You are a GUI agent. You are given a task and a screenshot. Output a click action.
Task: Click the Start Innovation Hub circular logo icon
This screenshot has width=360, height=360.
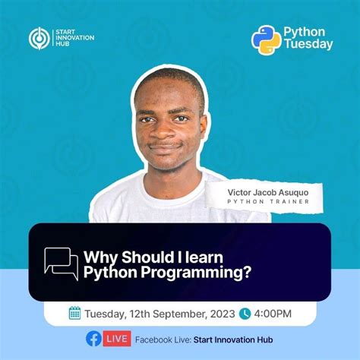(x=39, y=38)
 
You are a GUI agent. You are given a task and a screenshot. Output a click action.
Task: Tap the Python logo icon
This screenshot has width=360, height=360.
(x=266, y=39)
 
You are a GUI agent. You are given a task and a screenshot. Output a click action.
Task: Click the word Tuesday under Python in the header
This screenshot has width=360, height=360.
(x=308, y=44)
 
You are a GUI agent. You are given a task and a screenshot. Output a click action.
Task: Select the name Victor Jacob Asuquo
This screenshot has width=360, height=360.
(x=268, y=192)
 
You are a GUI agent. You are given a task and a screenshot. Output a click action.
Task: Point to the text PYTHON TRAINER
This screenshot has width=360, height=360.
(x=268, y=202)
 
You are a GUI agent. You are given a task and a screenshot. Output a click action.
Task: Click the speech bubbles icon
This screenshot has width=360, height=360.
(x=62, y=264)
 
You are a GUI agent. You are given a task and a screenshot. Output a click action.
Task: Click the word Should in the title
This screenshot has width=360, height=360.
(x=146, y=257)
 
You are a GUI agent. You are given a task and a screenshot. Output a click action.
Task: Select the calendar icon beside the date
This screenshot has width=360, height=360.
(x=74, y=313)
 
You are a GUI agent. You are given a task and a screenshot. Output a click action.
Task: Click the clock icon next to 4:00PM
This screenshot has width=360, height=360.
(x=245, y=314)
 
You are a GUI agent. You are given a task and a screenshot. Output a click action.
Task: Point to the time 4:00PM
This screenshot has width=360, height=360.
(x=273, y=314)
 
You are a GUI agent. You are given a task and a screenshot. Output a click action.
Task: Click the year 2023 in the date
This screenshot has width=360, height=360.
(x=223, y=314)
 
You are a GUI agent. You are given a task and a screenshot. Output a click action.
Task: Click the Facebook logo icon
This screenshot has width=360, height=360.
(x=93, y=339)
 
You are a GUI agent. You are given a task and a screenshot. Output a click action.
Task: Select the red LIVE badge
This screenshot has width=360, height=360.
(x=117, y=339)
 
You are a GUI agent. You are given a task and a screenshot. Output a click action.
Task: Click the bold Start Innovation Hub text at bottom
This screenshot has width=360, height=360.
(x=233, y=339)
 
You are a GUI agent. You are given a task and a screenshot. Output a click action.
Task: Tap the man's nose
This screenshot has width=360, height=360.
(x=163, y=131)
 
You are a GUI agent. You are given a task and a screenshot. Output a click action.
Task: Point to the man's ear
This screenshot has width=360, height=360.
(x=203, y=127)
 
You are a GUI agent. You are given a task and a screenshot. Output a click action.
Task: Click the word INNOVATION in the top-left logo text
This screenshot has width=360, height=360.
(x=74, y=38)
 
